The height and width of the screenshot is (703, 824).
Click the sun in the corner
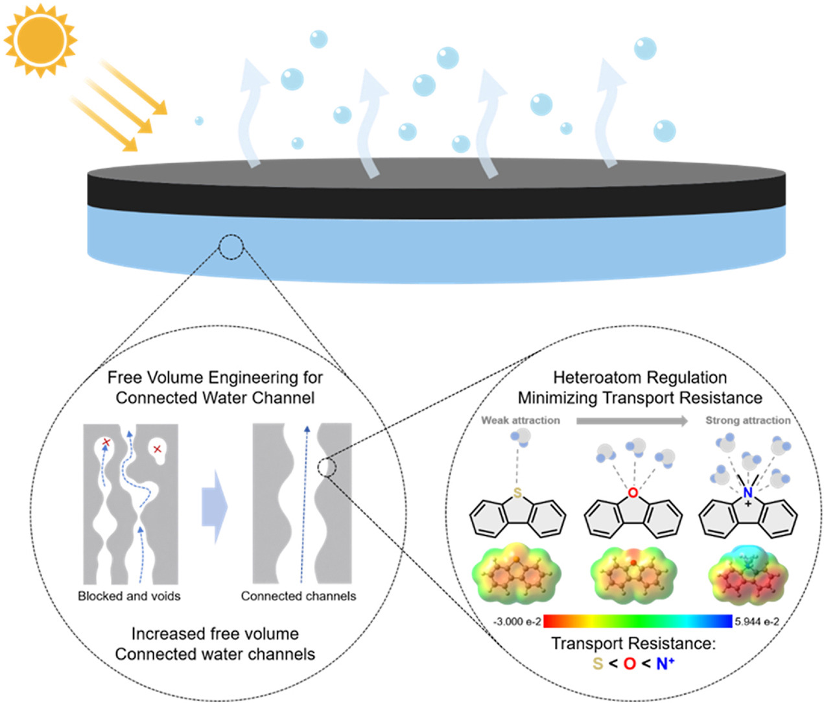click(40, 40)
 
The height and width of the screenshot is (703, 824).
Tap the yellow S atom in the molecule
click(517, 493)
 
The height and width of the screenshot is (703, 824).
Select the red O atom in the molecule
click(633, 493)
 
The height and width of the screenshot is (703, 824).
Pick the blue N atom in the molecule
click(748, 492)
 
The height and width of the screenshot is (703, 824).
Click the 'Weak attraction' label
click(520, 421)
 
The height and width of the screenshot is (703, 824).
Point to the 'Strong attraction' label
click(748, 421)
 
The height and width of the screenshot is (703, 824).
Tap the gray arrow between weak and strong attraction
click(632, 421)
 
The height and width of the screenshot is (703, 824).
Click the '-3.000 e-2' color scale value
click(517, 622)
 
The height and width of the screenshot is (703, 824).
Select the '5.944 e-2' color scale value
click(757, 622)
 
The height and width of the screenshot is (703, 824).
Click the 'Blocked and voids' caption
click(129, 596)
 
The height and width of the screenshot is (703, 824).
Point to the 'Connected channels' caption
click(298, 596)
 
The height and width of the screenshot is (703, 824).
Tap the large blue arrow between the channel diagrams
click(215, 507)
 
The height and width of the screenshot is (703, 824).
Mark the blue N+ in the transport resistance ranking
click(665, 663)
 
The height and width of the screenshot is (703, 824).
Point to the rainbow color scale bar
click(638, 621)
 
